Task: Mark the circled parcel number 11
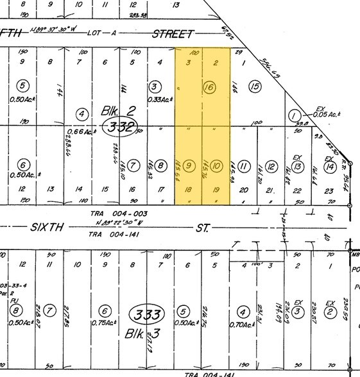click(244, 167)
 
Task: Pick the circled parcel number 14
click(329, 167)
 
